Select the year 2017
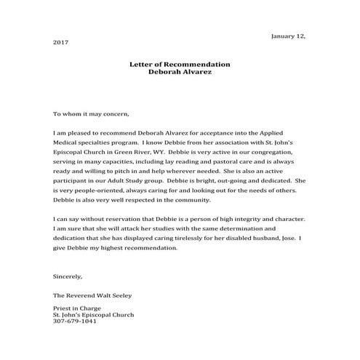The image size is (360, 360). click(61, 43)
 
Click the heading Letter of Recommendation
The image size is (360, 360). click(180, 65)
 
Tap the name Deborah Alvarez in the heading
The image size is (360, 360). click(180, 73)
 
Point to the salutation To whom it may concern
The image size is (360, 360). click(91, 114)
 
